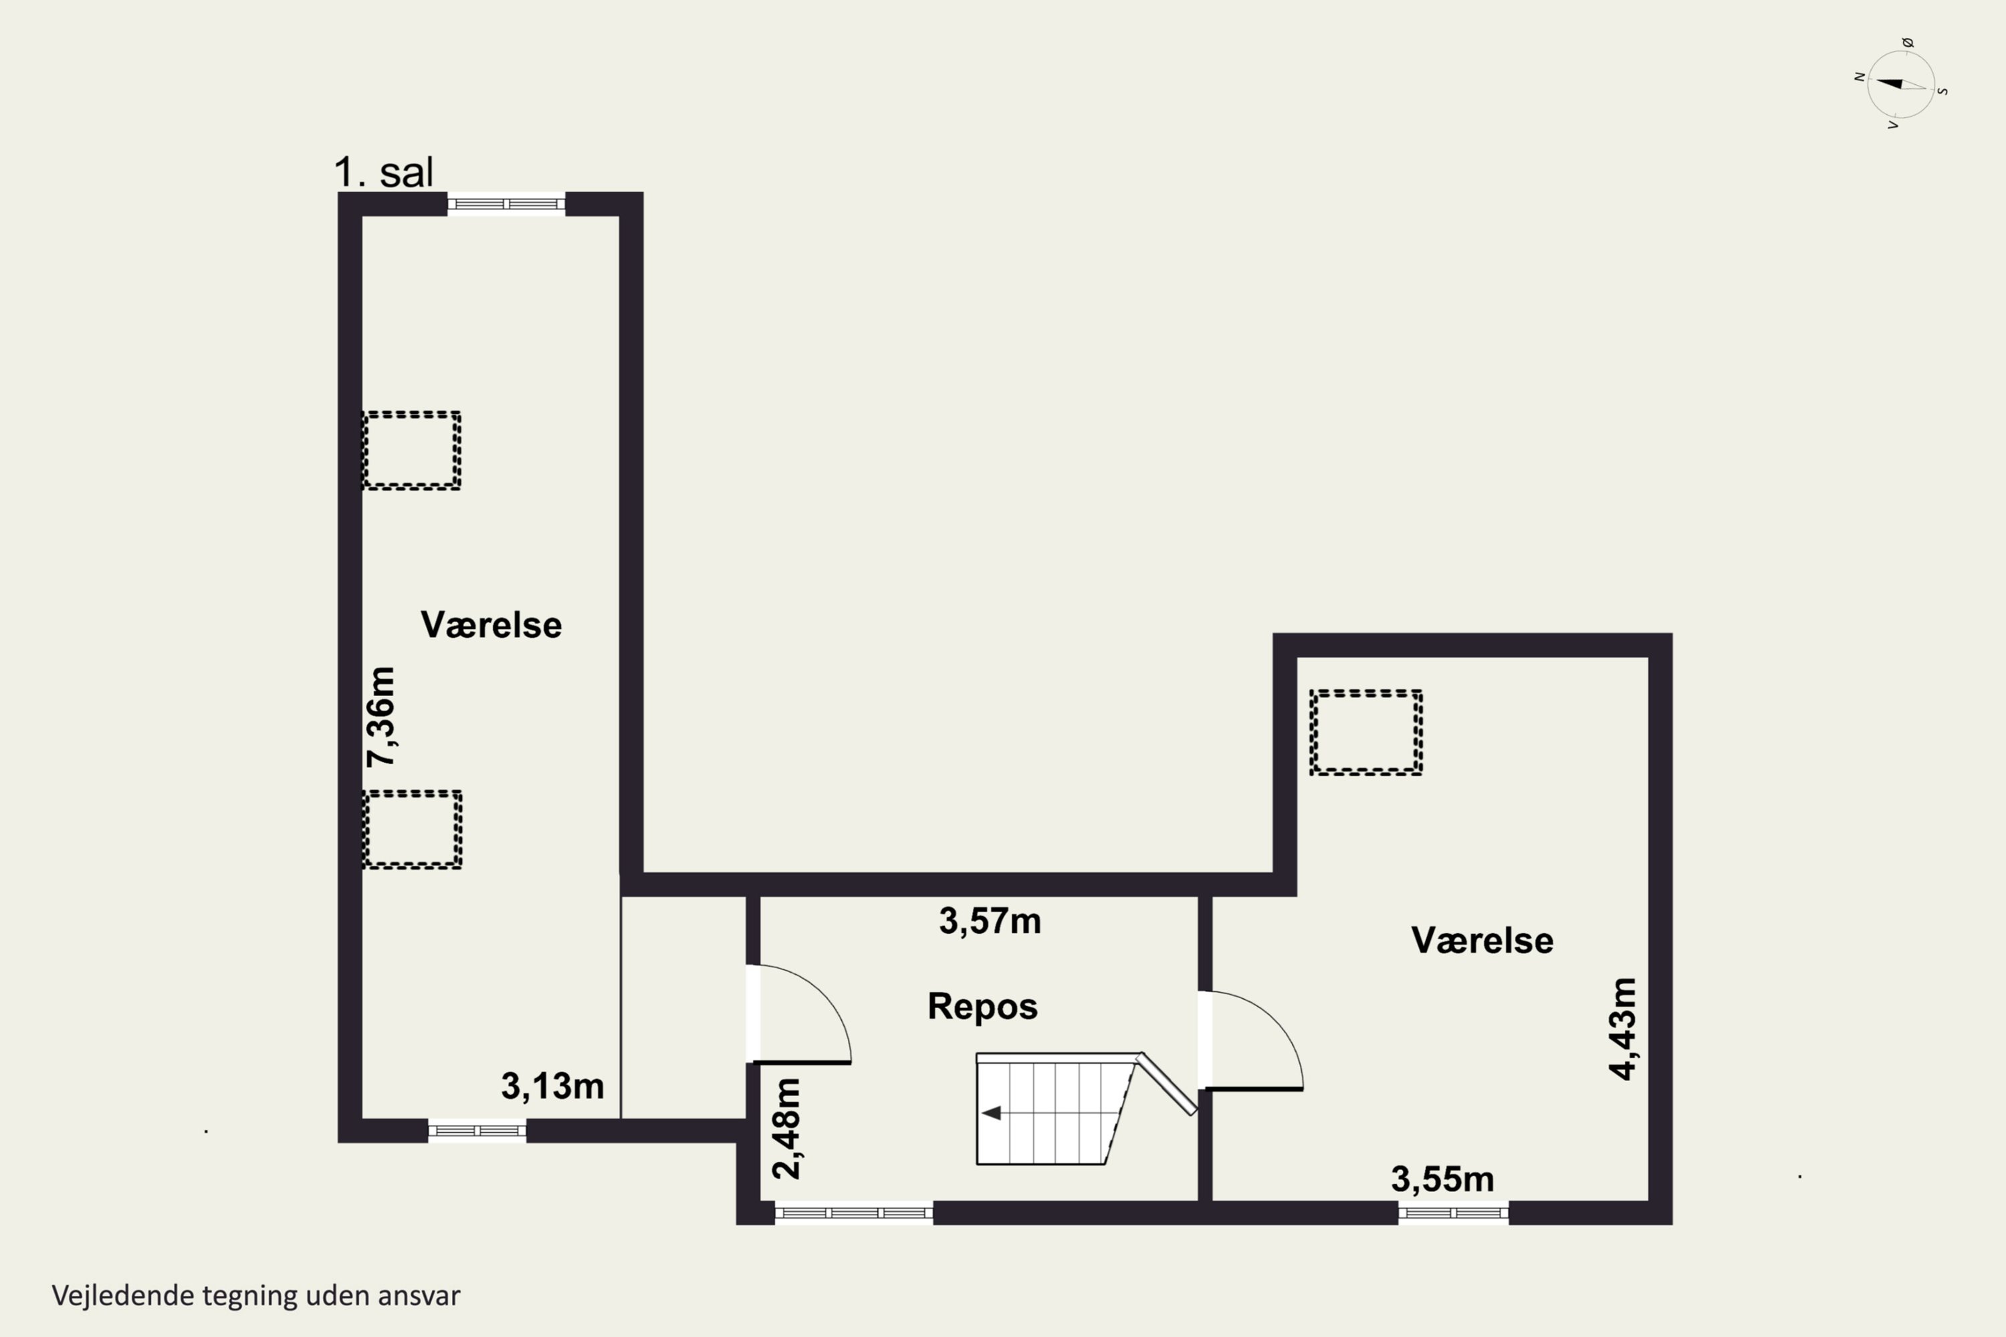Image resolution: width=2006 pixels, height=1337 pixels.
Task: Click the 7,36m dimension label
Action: coord(380,717)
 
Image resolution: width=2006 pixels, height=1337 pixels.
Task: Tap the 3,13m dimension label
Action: coord(553,1086)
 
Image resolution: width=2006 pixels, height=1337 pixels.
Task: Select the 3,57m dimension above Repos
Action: coord(990,922)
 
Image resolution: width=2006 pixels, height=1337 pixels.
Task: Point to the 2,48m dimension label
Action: coord(786,1129)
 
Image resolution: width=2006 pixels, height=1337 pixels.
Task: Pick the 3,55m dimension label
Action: coord(1443,1180)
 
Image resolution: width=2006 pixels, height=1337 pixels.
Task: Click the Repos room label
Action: coord(982,1007)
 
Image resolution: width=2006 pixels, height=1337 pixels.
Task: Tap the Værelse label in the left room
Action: coord(491,625)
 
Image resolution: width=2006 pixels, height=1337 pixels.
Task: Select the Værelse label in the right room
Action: coord(1482,941)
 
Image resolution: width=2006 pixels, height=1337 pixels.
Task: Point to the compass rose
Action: coord(1900,84)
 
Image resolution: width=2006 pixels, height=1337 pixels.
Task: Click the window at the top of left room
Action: coord(506,204)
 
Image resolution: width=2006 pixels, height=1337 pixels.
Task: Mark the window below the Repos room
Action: coord(854,1213)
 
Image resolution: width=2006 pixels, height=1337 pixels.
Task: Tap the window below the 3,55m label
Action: coord(1453,1213)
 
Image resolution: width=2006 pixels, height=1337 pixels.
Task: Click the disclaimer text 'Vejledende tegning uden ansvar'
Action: coord(256,1296)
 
